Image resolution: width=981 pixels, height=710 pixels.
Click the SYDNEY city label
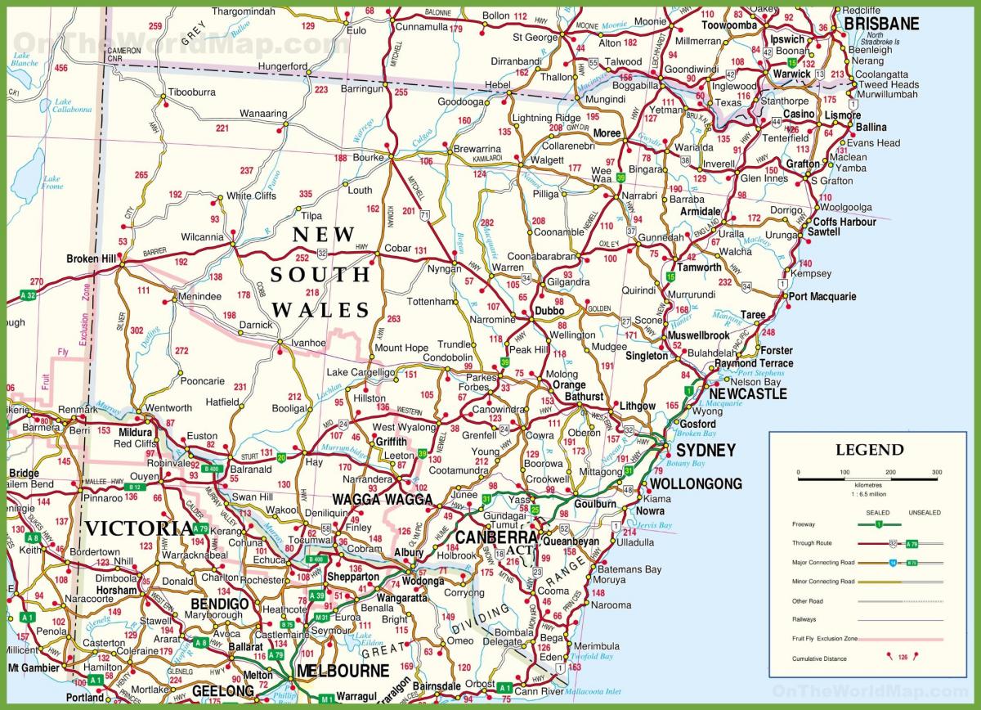[706, 451]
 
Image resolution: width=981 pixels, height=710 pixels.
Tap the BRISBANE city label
[881, 24]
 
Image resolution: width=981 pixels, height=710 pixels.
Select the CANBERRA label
[495, 537]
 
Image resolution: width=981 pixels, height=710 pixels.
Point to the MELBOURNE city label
[343, 671]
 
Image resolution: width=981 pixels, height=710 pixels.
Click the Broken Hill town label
[91, 259]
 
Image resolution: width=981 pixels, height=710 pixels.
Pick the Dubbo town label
[549, 311]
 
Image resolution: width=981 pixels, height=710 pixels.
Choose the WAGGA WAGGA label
[383, 499]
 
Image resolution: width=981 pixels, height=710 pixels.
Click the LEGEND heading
[869, 450]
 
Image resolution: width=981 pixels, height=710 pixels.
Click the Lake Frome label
[52, 182]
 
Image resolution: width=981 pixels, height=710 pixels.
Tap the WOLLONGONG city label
[696, 483]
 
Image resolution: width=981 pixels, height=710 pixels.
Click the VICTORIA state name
[139, 528]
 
